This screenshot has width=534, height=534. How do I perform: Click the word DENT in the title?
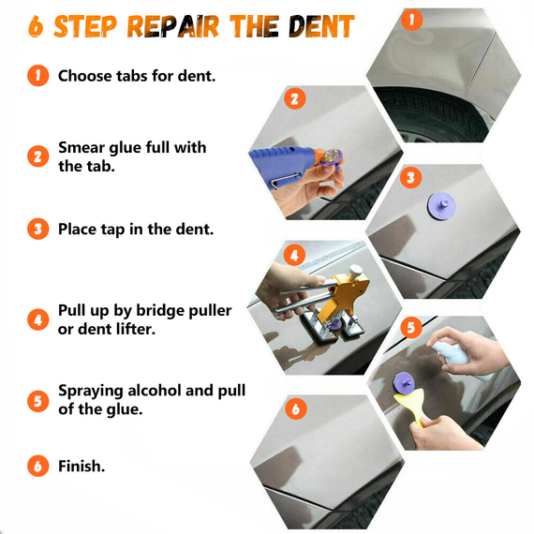[x=321, y=26]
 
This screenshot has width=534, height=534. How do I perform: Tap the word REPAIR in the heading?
[x=172, y=26]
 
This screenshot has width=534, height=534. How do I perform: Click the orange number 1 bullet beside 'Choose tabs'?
[x=37, y=75]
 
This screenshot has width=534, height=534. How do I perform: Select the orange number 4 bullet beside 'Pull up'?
[x=37, y=319]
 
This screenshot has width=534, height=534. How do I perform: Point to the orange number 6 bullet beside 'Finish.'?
[x=37, y=466]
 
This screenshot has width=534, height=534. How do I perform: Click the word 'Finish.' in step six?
[x=82, y=466]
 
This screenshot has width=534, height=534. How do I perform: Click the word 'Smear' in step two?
[x=82, y=147]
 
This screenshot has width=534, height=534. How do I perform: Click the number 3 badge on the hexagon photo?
[x=410, y=177]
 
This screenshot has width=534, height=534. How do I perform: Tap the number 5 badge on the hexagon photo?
[x=411, y=327]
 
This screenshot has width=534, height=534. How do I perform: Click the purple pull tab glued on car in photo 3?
[x=441, y=206]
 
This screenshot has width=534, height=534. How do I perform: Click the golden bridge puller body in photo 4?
[x=346, y=293]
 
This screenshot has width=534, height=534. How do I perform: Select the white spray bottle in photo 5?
[x=460, y=358]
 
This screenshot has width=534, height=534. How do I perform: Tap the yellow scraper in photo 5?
[x=412, y=407]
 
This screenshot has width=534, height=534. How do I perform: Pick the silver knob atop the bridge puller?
[x=355, y=271]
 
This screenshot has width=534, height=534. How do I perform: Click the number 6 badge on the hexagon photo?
[x=296, y=408]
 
